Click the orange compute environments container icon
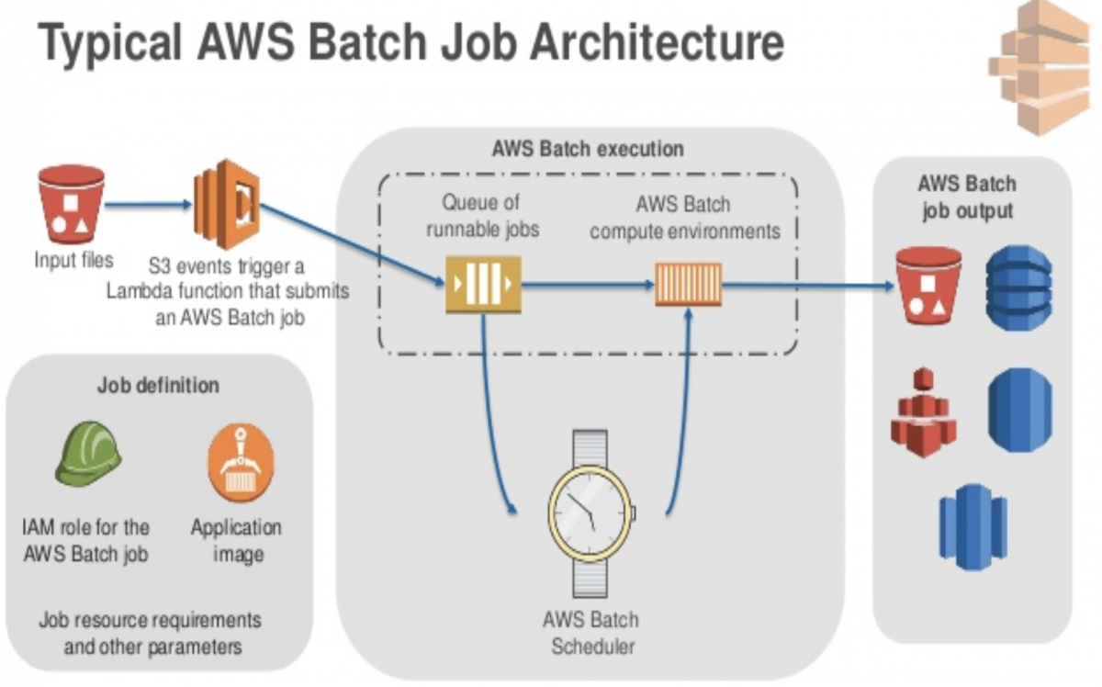(x=688, y=285)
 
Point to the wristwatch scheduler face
(x=590, y=510)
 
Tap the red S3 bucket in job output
(x=928, y=285)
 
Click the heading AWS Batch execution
(x=588, y=148)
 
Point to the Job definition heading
(x=158, y=385)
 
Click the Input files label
(x=73, y=260)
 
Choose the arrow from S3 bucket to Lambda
(x=147, y=206)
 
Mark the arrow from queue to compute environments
(x=587, y=285)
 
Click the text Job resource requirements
(x=150, y=619)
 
